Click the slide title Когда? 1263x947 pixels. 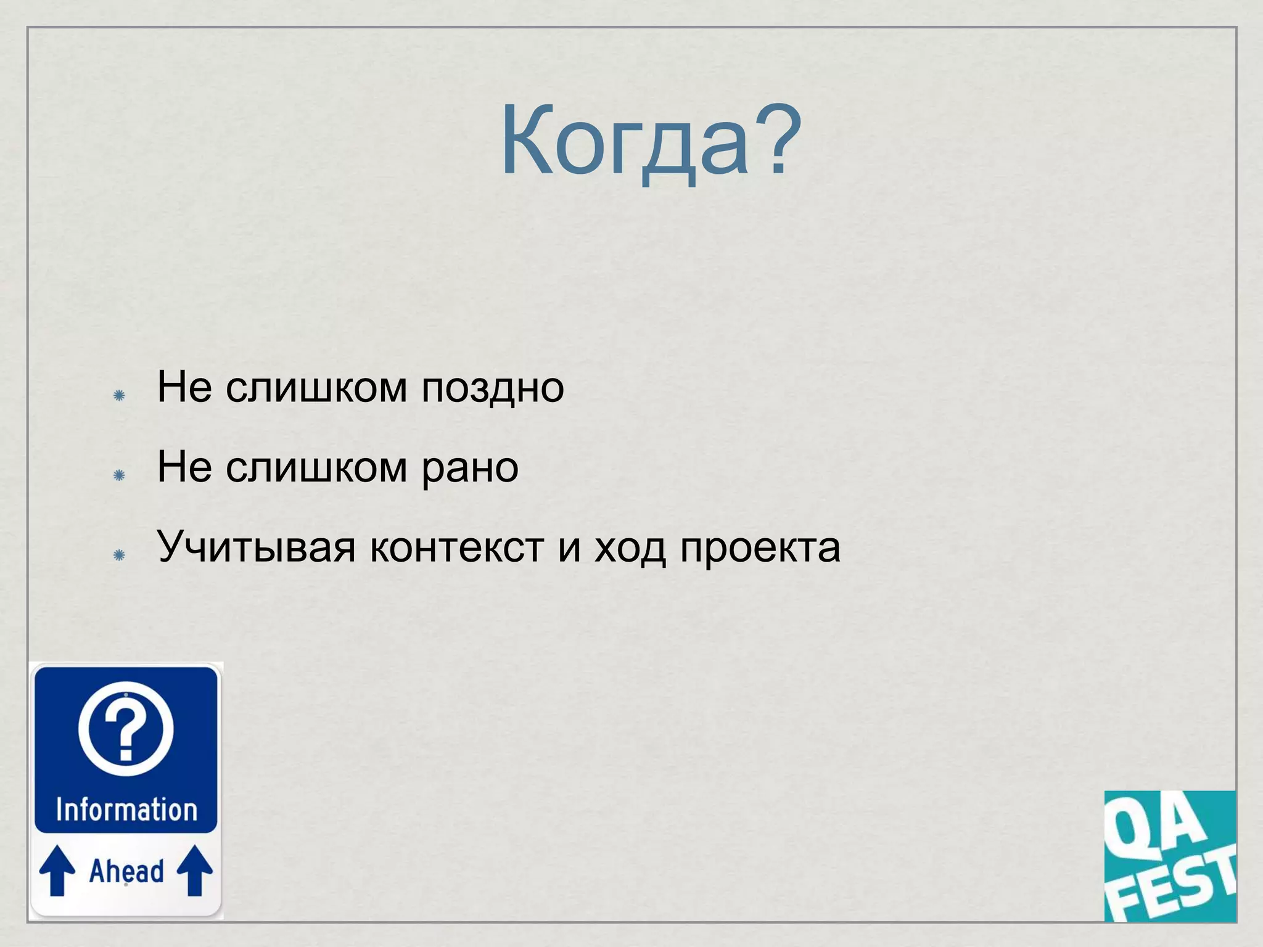651,142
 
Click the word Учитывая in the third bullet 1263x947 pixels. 256,547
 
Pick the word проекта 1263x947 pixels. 760,547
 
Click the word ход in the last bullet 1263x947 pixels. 630,547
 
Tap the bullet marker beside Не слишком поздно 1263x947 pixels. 120,395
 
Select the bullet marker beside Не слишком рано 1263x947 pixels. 120,475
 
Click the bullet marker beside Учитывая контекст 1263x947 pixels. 120,555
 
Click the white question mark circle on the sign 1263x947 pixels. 126,728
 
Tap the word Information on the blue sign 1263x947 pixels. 126,810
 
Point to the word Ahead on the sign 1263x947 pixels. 126,871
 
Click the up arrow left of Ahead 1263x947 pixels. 57,869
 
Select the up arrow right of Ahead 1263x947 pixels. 195,869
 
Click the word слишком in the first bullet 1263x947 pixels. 316,388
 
